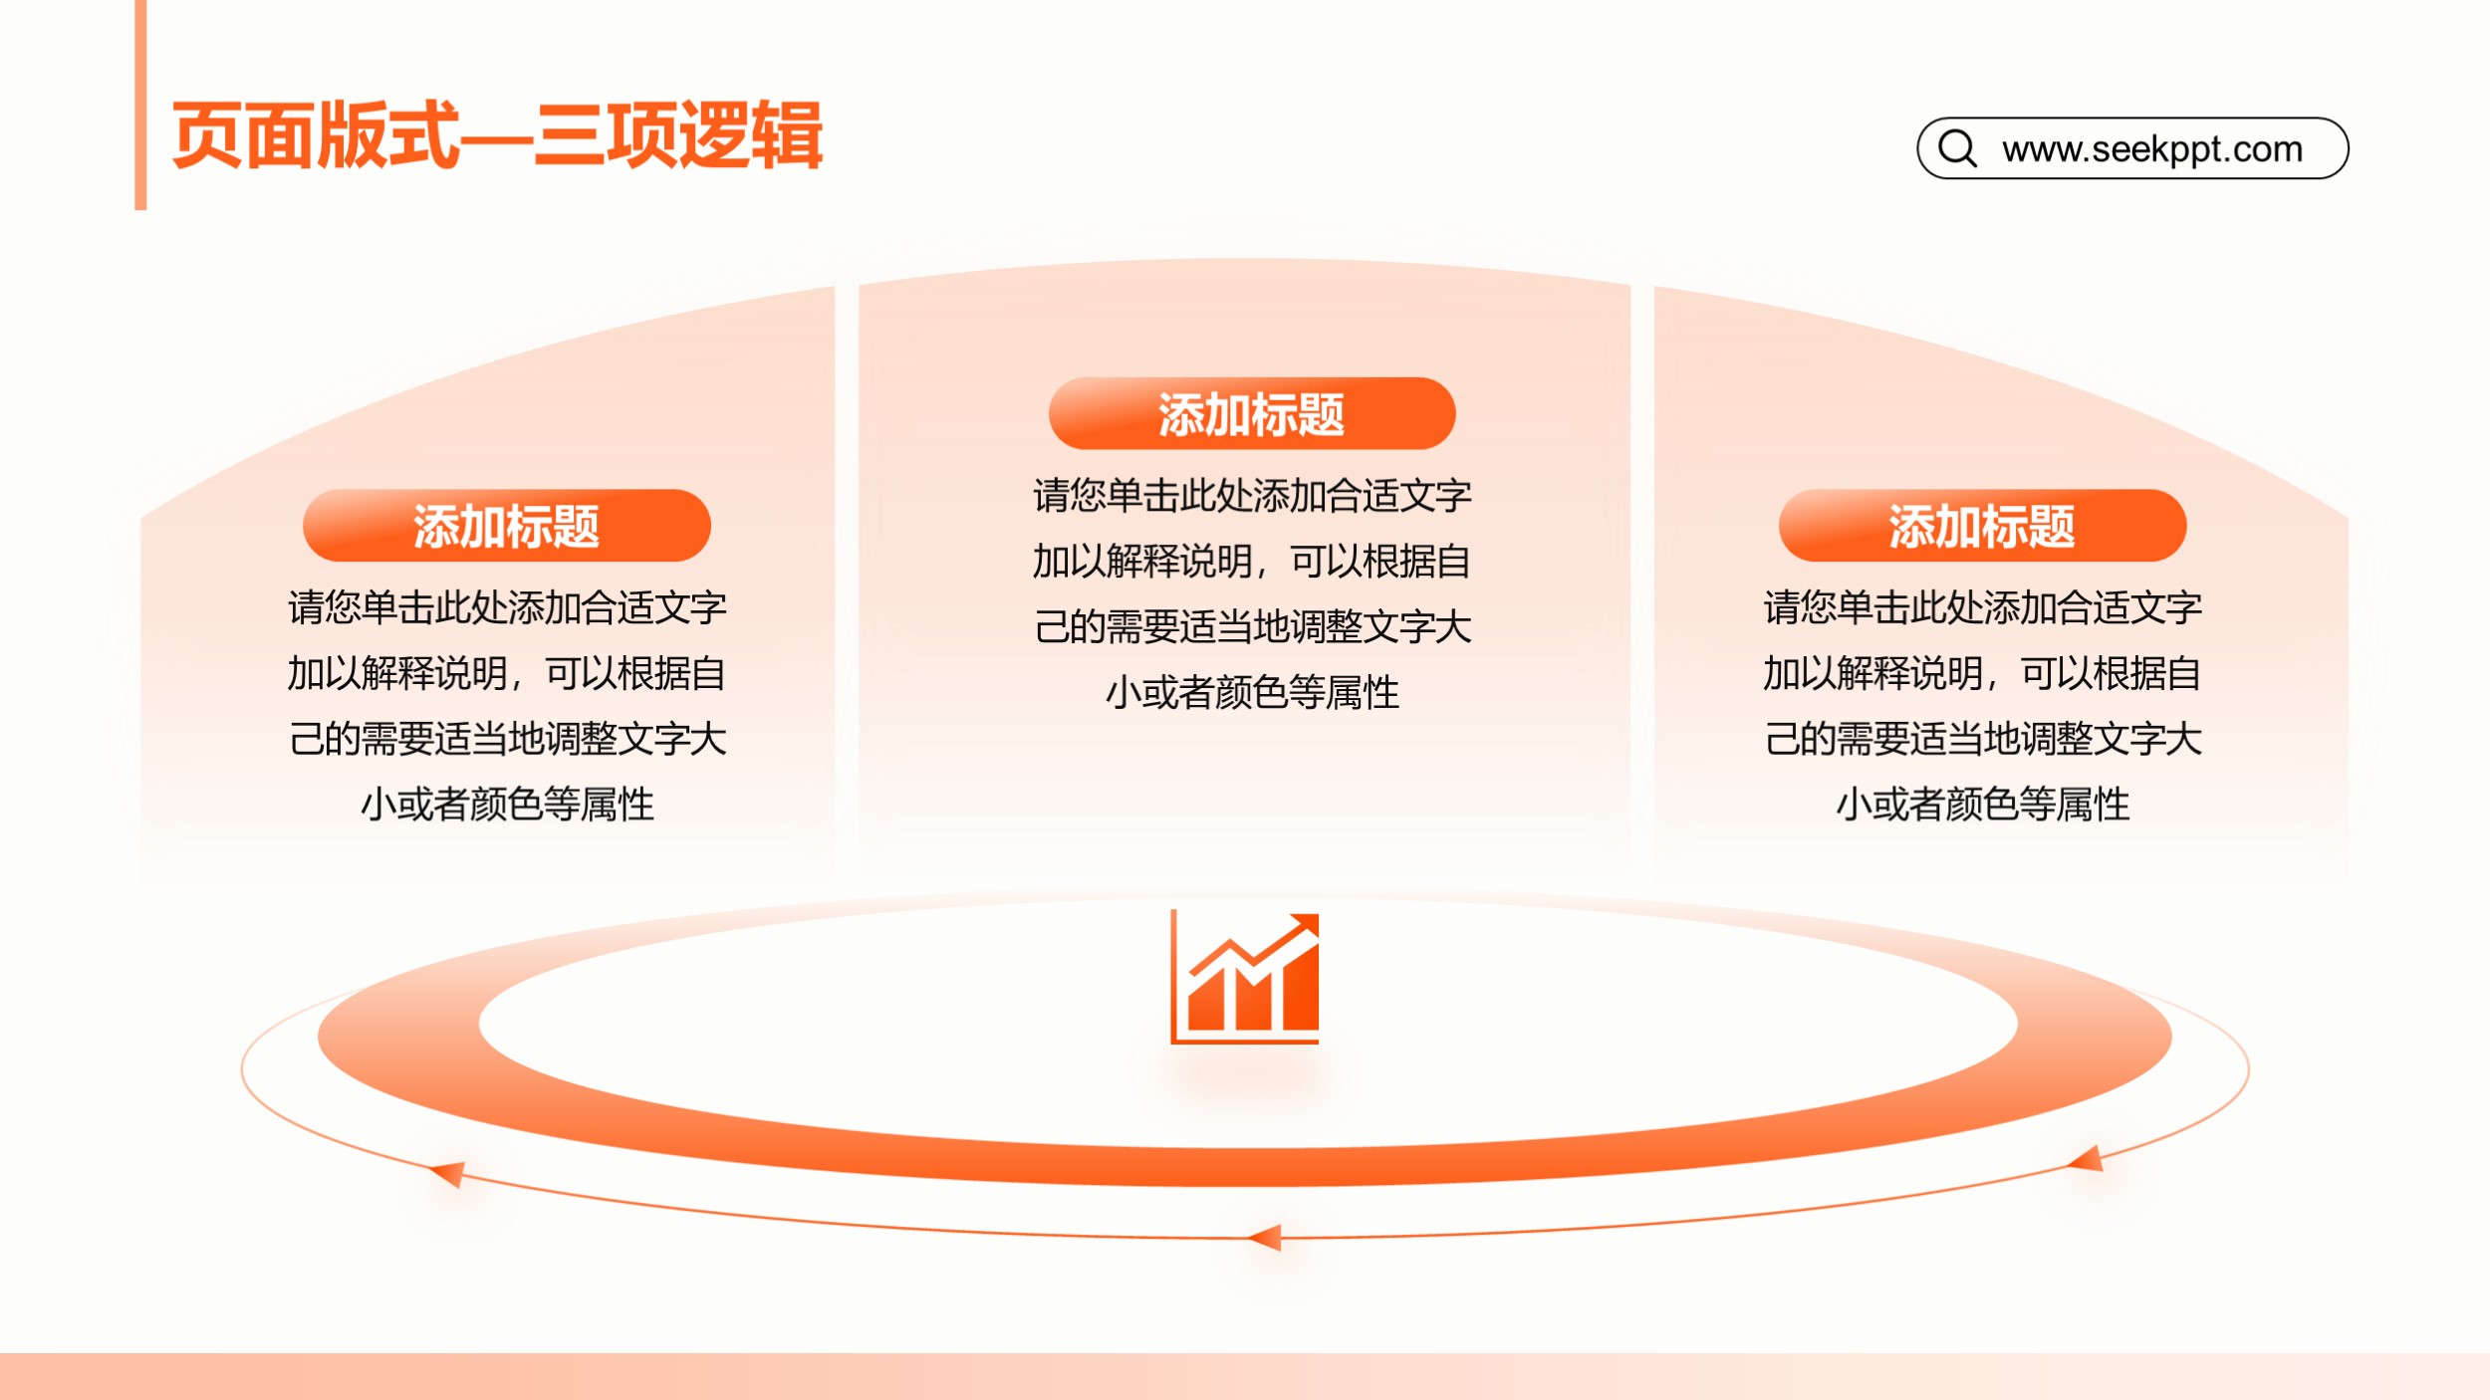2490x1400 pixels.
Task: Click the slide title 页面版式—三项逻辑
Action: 497,134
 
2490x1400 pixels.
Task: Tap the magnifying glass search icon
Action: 1957,148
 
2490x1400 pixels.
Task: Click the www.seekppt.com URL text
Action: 2152,149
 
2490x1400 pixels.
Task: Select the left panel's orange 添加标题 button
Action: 506,526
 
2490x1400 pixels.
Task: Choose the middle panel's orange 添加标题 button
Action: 1252,413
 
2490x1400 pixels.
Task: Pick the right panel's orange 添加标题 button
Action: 1982,526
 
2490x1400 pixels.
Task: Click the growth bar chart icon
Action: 1245,976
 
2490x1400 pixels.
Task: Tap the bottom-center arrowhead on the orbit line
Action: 1265,1238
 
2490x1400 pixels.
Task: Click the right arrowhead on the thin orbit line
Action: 2086,1159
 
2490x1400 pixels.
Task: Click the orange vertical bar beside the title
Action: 140,105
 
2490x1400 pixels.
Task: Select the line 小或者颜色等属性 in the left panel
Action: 507,805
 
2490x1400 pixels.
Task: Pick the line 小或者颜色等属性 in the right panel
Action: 1982,805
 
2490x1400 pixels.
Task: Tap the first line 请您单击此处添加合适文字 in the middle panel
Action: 1252,496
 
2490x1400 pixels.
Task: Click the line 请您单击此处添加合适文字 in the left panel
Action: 507,607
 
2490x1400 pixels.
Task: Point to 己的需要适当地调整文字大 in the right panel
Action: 1982,739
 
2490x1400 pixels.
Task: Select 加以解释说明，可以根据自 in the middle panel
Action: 1252,562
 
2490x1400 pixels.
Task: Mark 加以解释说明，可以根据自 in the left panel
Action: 507,673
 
